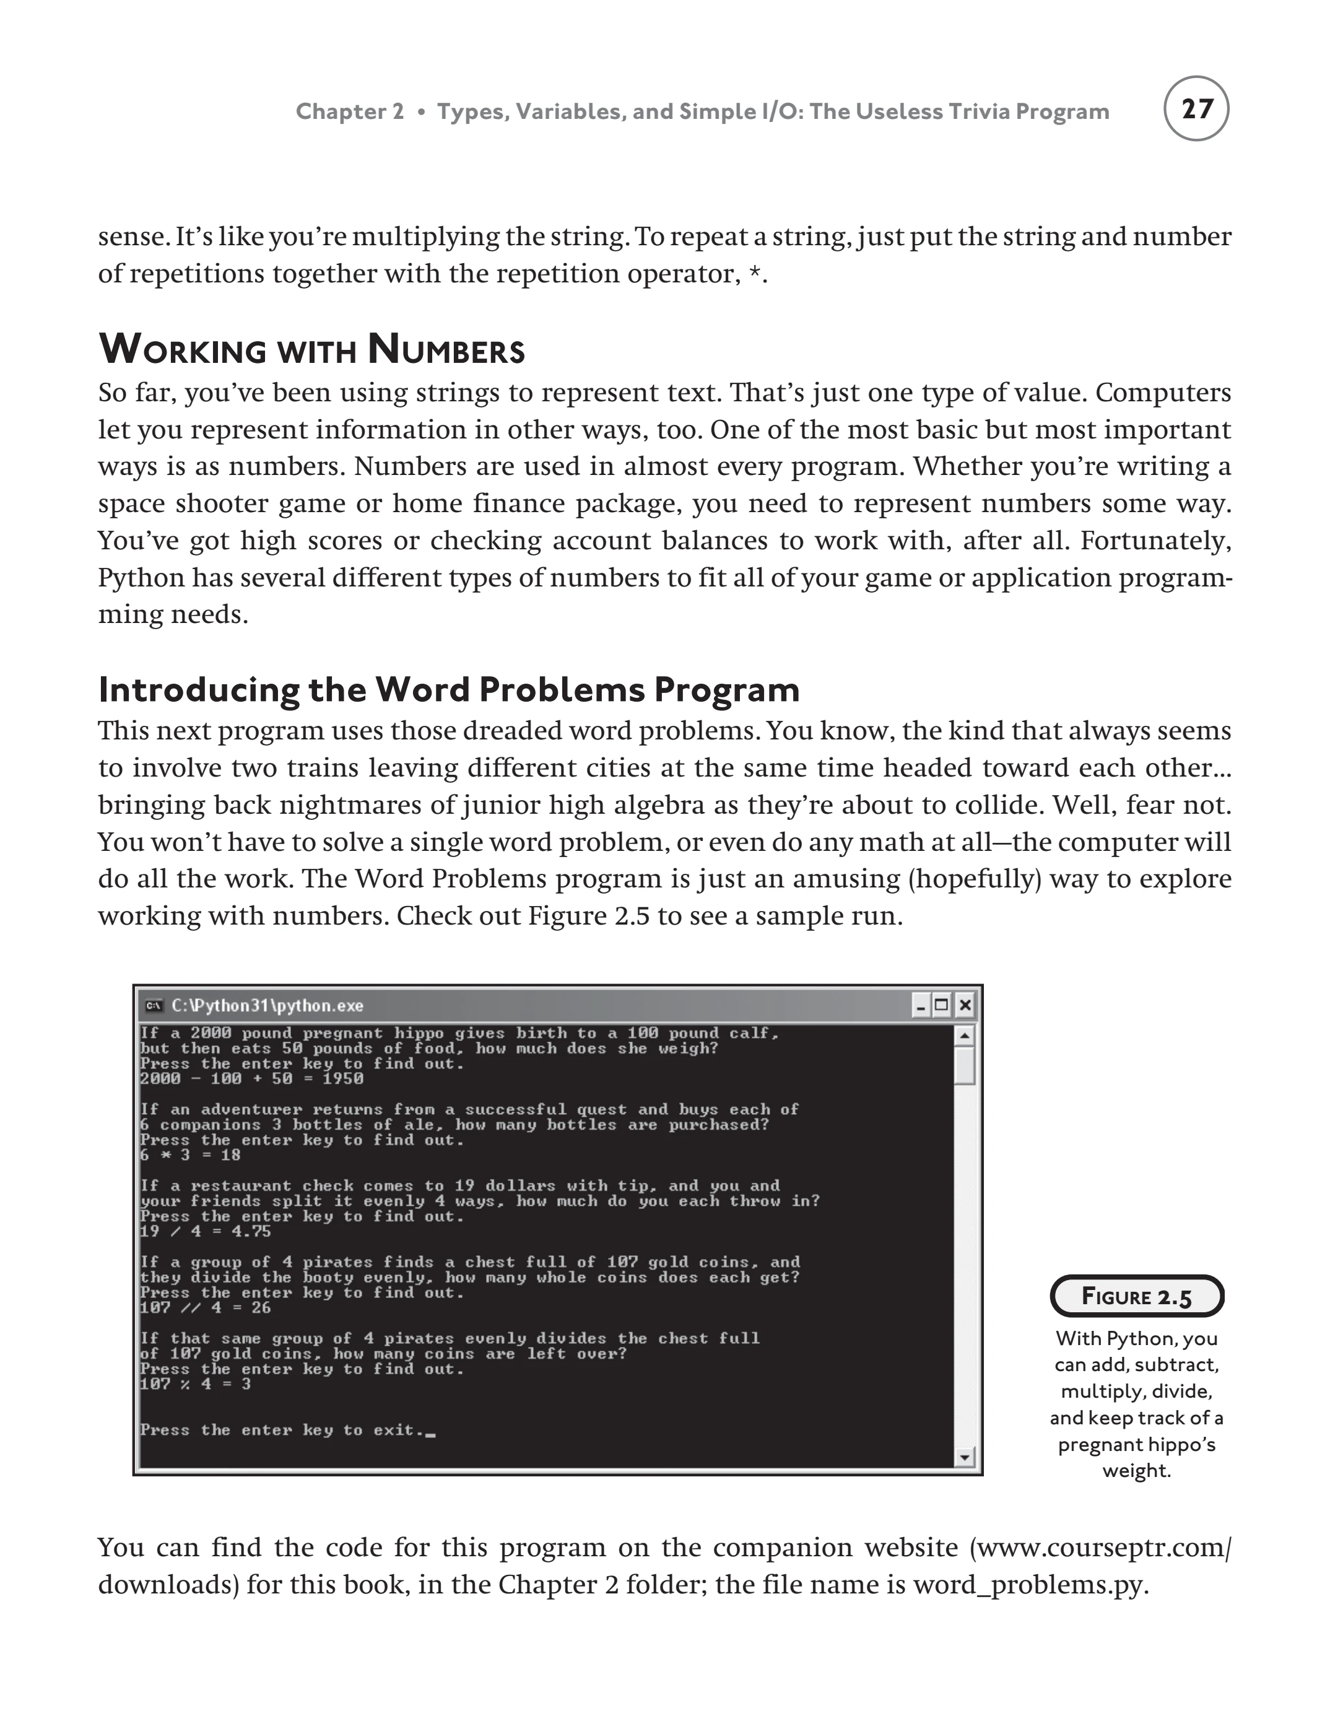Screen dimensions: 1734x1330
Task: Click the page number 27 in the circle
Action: pyautogui.click(x=1196, y=108)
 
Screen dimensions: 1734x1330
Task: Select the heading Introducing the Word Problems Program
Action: pyautogui.click(x=448, y=690)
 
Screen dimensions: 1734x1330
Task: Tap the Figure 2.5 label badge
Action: pyautogui.click(x=1136, y=1297)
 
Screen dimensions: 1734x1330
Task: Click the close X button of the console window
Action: pyautogui.click(x=964, y=1006)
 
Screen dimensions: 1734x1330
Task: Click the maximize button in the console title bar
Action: pyautogui.click(x=941, y=1006)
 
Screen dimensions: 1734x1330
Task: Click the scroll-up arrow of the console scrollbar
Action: pyautogui.click(x=964, y=1035)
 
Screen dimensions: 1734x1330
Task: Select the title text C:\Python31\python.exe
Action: pyautogui.click(x=267, y=1006)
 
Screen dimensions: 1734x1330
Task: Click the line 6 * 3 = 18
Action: pyautogui.click(x=190, y=1155)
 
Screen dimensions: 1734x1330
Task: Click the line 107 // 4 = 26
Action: pyautogui.click(x=206, y=1307)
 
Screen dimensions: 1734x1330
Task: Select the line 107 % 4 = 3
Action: pyautogui.click(x=196, y=1384)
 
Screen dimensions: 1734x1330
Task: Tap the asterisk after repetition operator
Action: pyautogui.click(x=755, y=274)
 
